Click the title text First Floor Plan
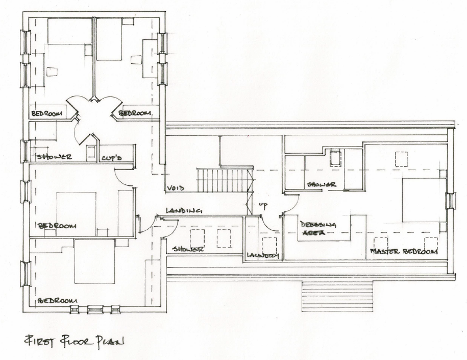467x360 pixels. coord(75,340)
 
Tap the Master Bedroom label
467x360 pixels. coord(404,252)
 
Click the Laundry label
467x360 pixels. coord(262,256)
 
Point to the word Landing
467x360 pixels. coord(184,210)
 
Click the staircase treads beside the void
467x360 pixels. coord(225,180)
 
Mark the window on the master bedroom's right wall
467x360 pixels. coord(450,201)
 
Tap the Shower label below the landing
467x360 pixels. coord(188,249)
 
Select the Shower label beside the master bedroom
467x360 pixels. coord(321,184)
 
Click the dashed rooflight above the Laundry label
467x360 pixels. coord(269,244)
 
